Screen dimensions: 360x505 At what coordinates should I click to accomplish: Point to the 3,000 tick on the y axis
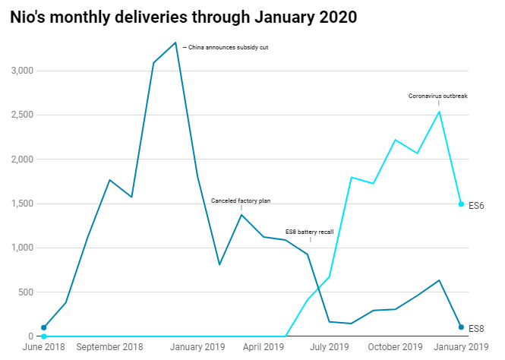[22, 71]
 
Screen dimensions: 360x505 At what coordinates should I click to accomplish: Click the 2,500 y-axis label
[22, 115]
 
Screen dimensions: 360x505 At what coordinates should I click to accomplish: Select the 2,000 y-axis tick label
[22, 159]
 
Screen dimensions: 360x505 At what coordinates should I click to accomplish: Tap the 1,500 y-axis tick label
[22, 204]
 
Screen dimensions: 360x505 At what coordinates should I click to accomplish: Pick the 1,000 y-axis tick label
[22, 248]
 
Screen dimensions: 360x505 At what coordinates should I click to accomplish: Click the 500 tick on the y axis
[27, 292]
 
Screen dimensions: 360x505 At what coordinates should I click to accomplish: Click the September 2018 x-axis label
[111, 347]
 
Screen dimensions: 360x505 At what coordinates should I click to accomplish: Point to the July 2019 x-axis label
[330, 347]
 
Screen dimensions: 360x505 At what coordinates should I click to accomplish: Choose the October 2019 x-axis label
[394, 347]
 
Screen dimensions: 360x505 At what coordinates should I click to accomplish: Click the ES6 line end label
[476, 205]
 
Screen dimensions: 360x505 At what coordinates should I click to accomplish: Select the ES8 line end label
[476, 328]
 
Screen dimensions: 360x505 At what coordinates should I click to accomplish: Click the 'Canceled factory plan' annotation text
[241, 201]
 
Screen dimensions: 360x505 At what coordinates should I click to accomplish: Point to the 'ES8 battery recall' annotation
[311, 231]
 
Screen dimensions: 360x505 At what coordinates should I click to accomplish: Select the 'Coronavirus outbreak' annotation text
[438, 96]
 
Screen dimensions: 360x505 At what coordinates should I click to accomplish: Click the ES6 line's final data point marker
[461, 204]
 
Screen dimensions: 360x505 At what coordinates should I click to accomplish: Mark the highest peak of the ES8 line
[175, 43]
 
